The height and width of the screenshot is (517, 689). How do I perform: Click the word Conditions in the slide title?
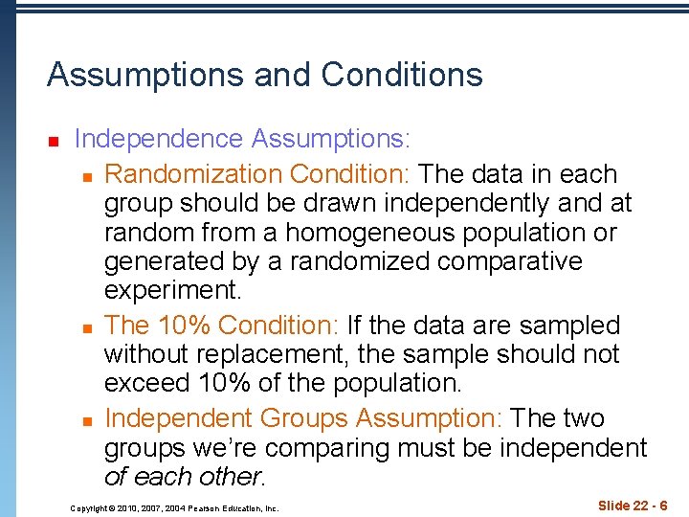(402, 75)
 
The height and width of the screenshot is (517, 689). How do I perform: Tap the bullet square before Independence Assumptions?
(55, 141)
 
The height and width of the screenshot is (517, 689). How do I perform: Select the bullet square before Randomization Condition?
(87, 176)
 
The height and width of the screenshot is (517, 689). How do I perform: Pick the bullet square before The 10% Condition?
(87, 327)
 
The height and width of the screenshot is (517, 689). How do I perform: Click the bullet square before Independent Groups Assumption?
(87, 420)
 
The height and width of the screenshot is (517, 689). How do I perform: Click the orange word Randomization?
(192, 175)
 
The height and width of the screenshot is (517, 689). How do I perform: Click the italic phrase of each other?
(182, 477)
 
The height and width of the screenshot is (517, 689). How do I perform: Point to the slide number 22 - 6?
(643, 505)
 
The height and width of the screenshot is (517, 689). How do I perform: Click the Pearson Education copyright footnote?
(174, 508)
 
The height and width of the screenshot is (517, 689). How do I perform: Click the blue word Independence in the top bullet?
(159, 140)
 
